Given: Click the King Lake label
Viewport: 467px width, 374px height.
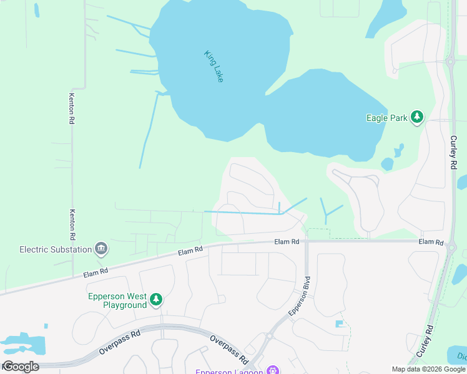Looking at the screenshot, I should click(214, 66).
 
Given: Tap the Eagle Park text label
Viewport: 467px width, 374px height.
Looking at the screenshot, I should click(386, 117).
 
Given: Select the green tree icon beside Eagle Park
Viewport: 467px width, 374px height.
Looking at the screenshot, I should click(417, 117).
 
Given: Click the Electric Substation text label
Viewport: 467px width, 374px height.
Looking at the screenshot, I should click(55, 249).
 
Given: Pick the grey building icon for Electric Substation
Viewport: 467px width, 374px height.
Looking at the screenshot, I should click(100, 249).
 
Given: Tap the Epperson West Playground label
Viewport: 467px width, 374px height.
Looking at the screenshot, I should click(117, 300).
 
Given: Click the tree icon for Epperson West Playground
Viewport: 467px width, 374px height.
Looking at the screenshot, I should click(156, 300).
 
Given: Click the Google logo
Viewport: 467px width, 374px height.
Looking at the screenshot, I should click(21, 367).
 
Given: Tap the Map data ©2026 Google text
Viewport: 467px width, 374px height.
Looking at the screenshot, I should click(428, 369).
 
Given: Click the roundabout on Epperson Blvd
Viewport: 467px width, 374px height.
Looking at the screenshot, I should click(269, 335).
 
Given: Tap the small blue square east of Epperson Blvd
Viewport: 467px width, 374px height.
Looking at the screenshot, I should click(340, 324).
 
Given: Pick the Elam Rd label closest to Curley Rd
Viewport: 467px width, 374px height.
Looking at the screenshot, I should click(431, 242).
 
